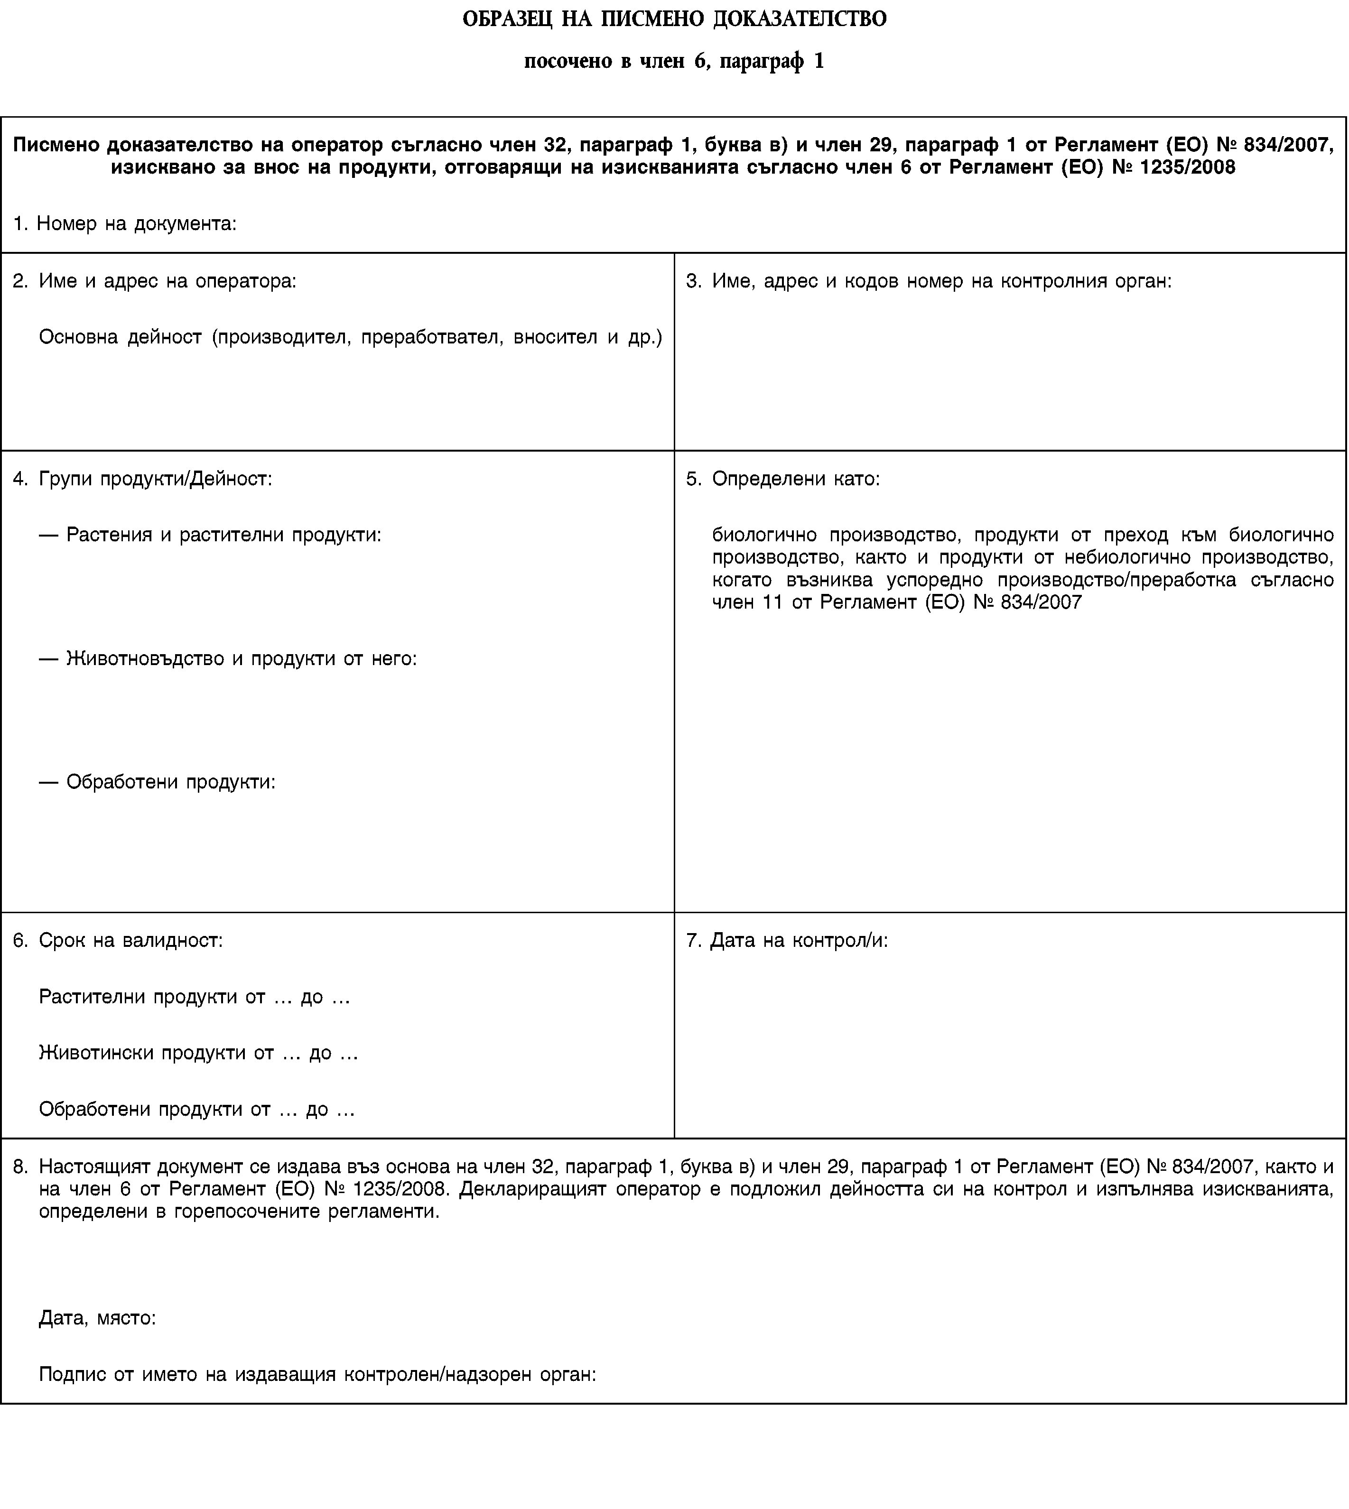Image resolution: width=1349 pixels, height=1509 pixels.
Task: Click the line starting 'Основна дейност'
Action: [350, 337]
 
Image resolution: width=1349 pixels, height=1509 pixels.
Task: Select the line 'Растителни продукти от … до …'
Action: [194, 997]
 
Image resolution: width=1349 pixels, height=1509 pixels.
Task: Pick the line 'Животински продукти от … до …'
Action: [199, 1053]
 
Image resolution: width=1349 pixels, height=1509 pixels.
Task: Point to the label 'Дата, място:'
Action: [97, 1318]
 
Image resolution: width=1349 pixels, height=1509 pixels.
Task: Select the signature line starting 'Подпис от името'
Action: [317, 1375]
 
